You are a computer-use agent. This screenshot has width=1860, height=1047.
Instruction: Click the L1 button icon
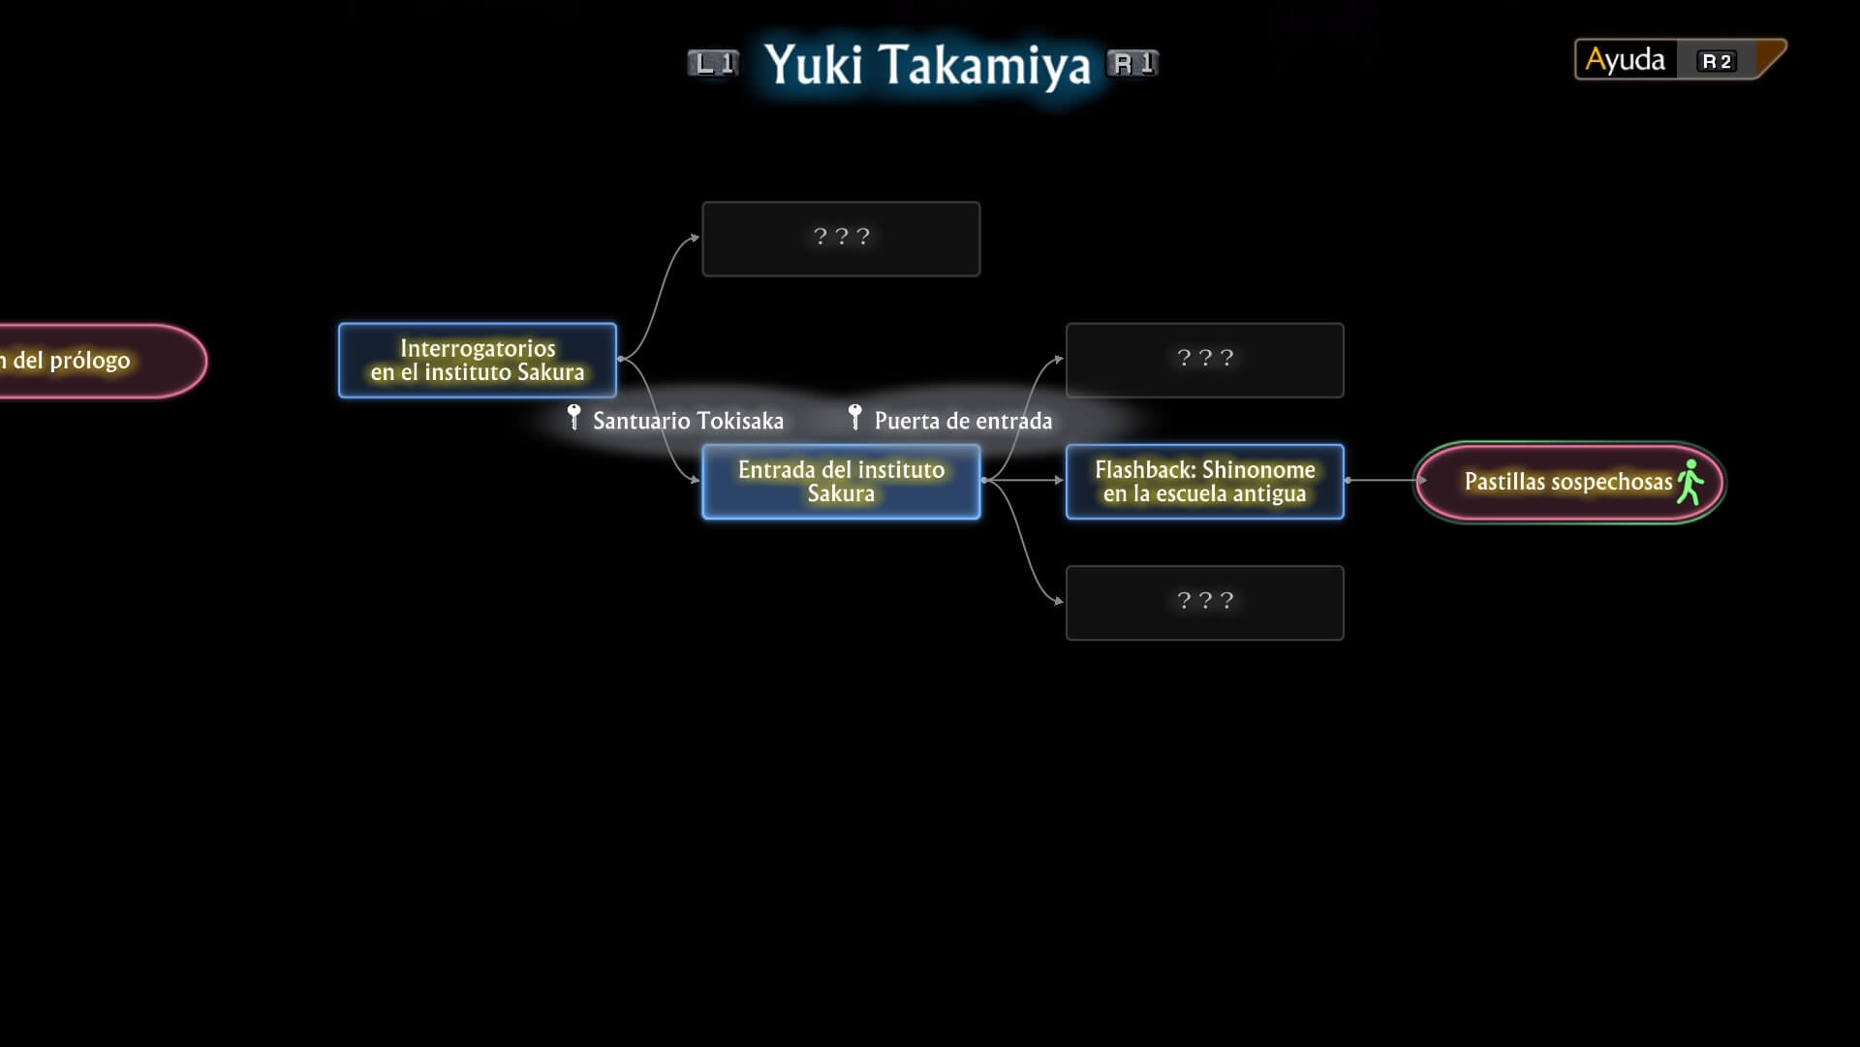pyautogui.click(x=713, y=64)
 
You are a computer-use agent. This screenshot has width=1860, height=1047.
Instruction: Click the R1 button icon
pyautogui.click(x=1132, y=64)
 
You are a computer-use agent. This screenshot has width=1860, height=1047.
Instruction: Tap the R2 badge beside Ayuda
pyautogui.click(x=1717, y=61)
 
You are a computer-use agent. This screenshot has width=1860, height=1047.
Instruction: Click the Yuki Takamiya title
pyautogui.click(x=927, y=65)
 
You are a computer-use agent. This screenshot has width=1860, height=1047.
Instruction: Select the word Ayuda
pyautogui.click(x=1625, y=60)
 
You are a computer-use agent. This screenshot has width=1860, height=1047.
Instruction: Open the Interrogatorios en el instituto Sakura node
pyautogui.click(x=478, y=361)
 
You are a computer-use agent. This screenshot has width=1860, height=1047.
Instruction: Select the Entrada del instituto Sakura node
pyautogui.click(x=841, y=482)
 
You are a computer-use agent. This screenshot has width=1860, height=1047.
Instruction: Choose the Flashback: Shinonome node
pyautogui.click(x=1204, y=482)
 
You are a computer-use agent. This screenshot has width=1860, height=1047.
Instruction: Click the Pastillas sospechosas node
pyautogui.click(x=1567, y=482)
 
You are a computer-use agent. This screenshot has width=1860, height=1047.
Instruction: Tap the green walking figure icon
pyautogui.click(x=1689, y=482)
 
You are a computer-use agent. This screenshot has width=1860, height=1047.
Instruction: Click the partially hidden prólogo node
pyautogui.click(x=97, y=361)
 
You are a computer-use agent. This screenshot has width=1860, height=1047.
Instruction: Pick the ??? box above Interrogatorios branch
pyautogui.click(x=841, y=238)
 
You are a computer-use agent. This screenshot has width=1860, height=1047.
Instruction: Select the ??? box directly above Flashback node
pyautogui.click(x=1204, y=360)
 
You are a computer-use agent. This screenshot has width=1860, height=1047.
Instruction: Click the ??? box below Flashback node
pyautogui.click(x=1204, y=602)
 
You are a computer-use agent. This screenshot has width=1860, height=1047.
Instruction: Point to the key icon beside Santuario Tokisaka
pyautogui.click(x=573, y=417)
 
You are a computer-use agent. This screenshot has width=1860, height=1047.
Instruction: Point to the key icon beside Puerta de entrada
pyautogui.click(x=854, y=417)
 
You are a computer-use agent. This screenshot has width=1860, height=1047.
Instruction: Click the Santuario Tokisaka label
pyautogui.click(x=688, y=421)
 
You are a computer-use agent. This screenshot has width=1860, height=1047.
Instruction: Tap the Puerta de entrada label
pyautogui.click(x=963, y=421)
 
